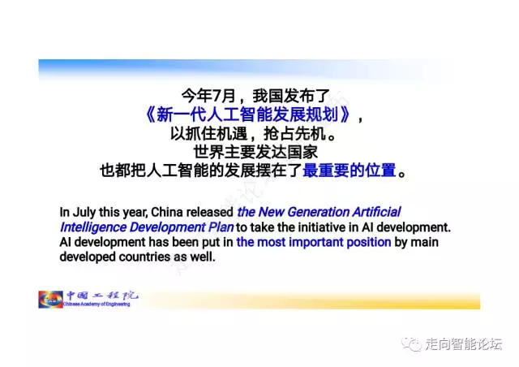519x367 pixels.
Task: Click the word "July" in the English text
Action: pos(84,212)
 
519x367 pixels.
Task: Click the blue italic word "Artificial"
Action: pos(376,212)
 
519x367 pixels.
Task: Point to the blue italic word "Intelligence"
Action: pos(93,227)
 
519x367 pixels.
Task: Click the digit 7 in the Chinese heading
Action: pos(217,96)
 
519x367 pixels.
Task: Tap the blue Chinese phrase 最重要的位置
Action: pos(350,171)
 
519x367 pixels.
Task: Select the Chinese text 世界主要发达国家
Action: pos(255,152)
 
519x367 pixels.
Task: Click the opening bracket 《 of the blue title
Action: pos(150,114)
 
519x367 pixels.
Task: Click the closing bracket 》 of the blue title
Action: pos(345,114)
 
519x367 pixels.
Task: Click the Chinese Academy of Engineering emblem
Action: pos(50,300)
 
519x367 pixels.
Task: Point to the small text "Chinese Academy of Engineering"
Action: pos(97,304)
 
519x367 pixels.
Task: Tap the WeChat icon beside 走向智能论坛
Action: pos(411,343)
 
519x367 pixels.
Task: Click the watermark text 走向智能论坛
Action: pos(463,344)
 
